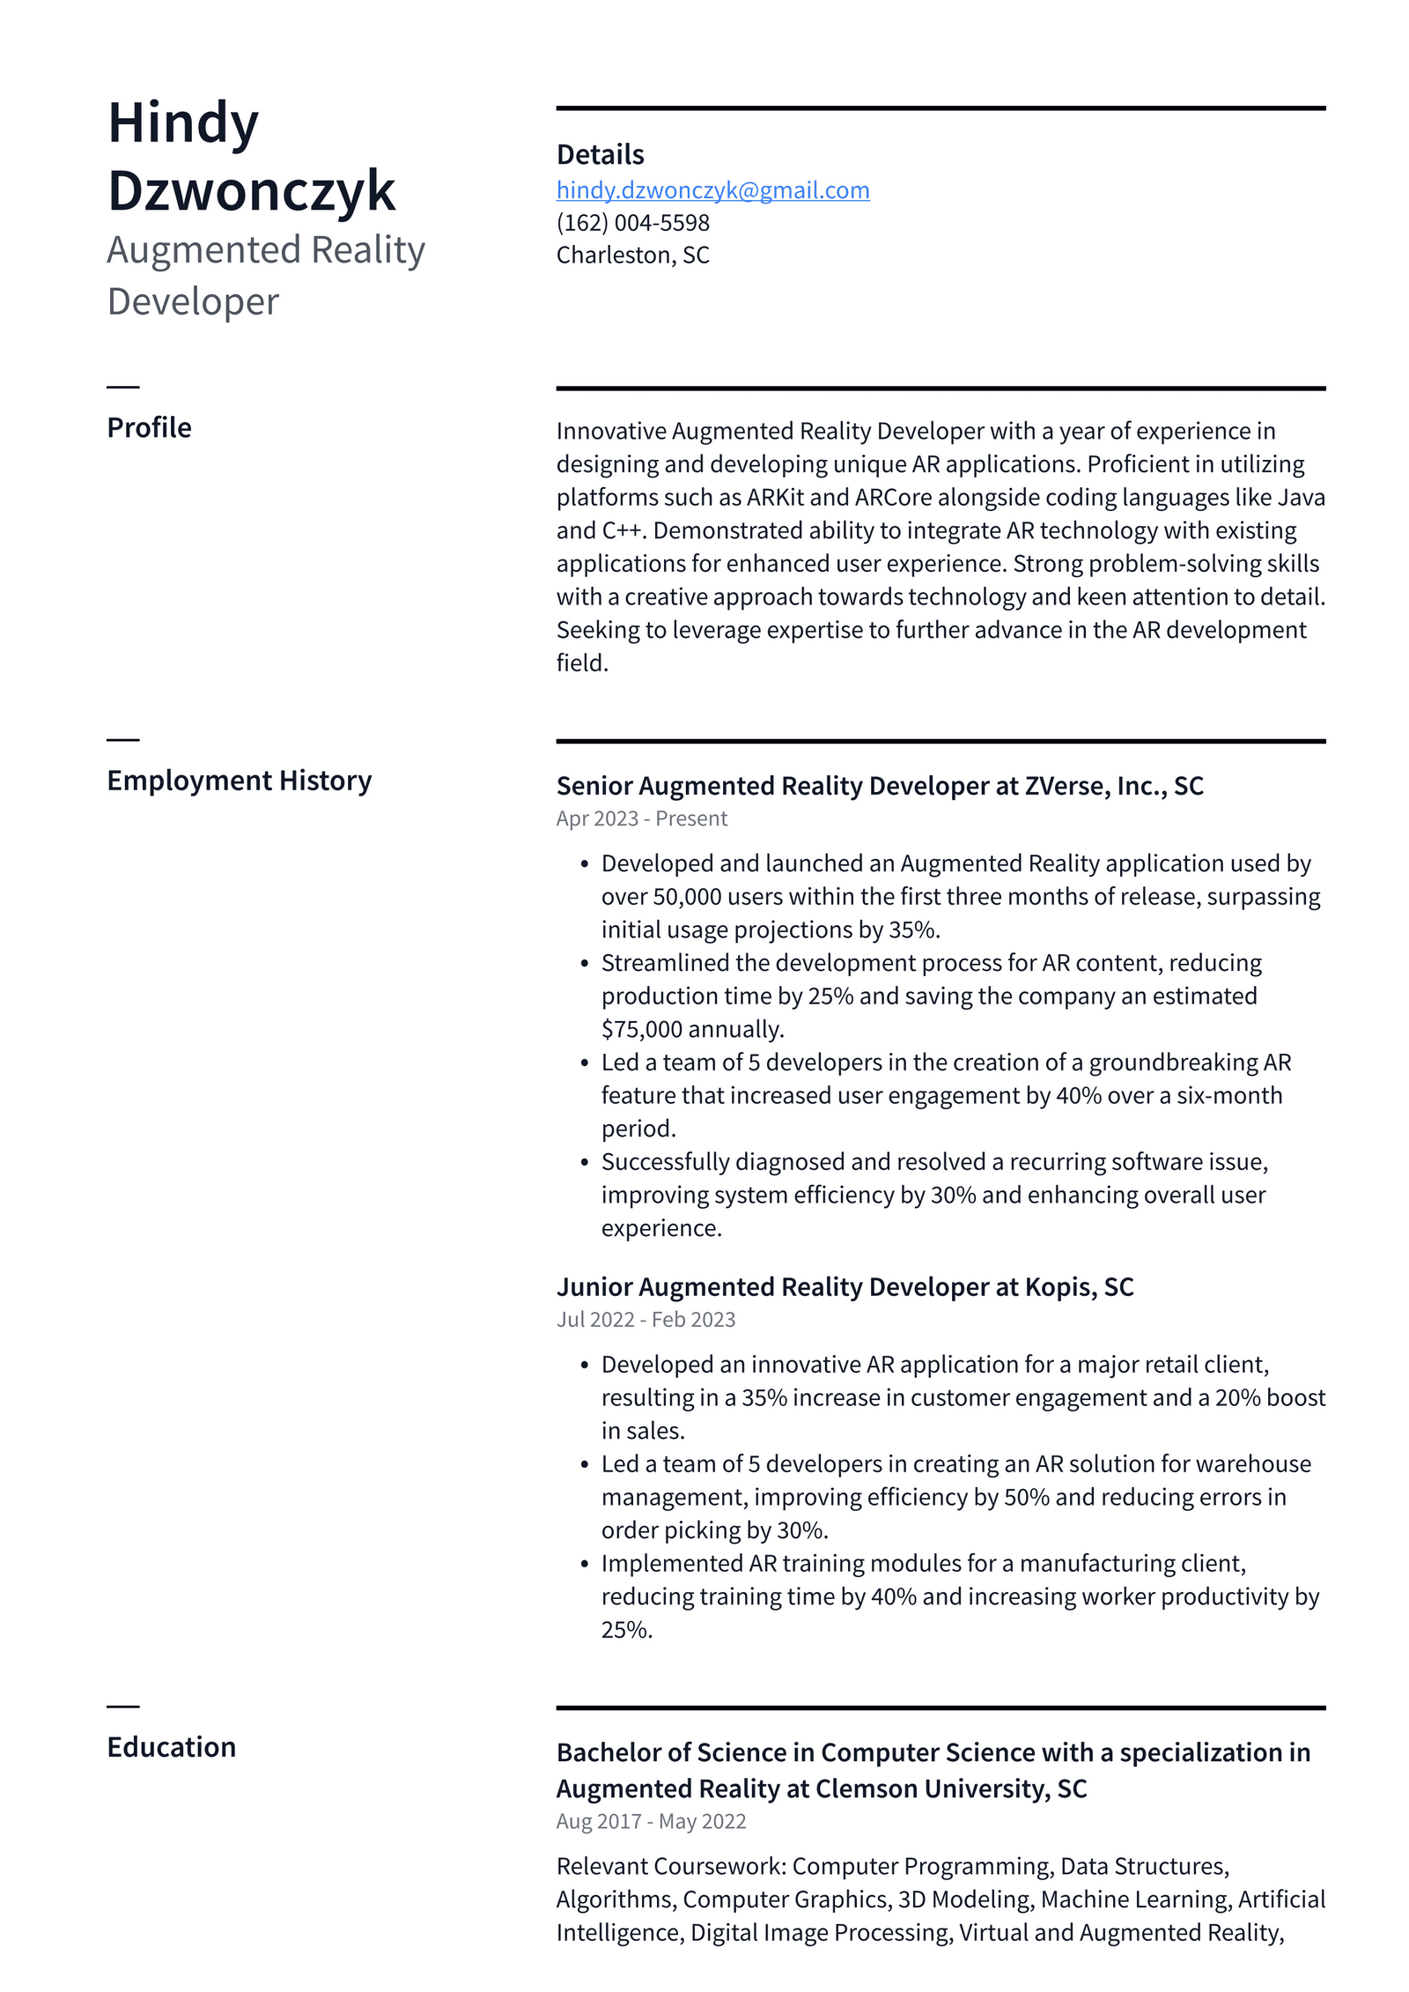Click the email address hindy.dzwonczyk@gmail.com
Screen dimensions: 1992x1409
tap(712, 190)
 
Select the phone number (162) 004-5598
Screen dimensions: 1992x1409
tap(632, 223)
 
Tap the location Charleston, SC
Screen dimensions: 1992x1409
tap(632, 255)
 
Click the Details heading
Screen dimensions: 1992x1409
tap(600, 155)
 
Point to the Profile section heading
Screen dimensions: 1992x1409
tap(149, 427)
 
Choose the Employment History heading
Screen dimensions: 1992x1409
tap(239, 781)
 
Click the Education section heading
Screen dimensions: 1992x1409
tap(171, 1747)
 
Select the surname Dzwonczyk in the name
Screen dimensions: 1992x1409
tap(251, 191)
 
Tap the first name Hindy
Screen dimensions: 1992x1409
tap(182, 123)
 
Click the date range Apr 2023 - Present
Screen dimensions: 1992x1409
tap(641, 818)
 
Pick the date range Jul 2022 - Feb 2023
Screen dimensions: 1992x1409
tap(645, 1319)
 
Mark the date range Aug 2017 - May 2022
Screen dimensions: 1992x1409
tap(651, 1821)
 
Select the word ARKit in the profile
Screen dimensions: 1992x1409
tap(775, 498)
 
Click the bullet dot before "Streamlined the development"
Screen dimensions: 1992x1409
tap(584, 964)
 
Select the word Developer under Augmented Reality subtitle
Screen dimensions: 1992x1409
tap(193, 302)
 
